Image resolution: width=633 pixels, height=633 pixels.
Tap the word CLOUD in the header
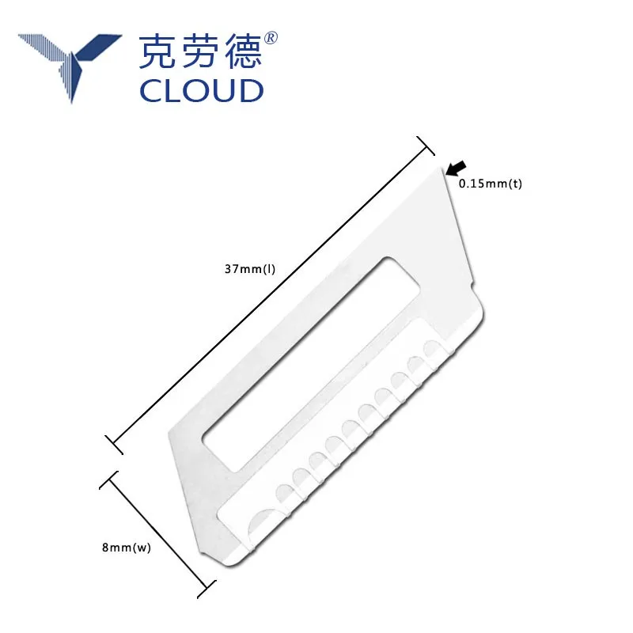[201, 89]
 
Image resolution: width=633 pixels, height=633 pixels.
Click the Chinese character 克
[159, 51]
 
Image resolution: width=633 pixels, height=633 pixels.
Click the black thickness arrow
[456, 167]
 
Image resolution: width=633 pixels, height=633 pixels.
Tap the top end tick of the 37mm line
[426, 146]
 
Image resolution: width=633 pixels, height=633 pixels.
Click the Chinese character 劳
[199, 51]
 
